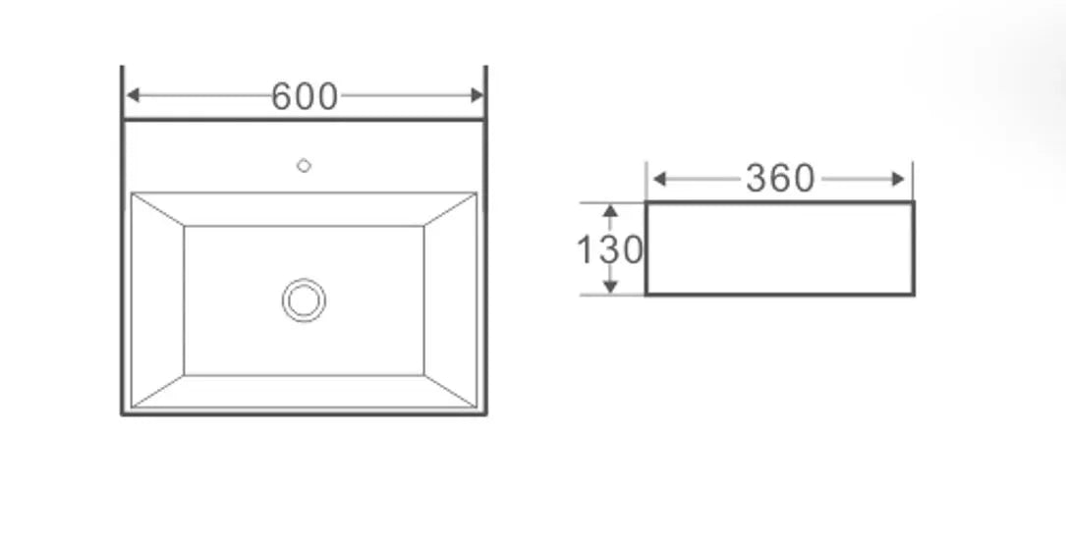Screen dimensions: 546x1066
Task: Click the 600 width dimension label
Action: [x=304, y=96]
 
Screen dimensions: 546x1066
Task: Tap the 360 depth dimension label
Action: [x=780, y=179]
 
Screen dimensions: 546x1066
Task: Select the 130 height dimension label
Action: [x=608, y=250]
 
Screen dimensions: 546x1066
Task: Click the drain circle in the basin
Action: [x=304, y=300]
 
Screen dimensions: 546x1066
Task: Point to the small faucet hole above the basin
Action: [x=304, y=166]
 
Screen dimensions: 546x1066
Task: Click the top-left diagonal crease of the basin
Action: [x=158, y=209]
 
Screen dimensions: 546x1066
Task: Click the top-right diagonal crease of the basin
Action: [x=450, y=209]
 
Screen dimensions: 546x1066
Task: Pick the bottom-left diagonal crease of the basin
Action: [x=158, y=391]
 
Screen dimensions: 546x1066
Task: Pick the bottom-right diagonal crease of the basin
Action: [x=450, y=391]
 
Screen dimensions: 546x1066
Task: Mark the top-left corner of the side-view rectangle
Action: [x=646, y=203]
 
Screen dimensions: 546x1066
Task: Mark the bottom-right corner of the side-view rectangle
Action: [x=913, y=294]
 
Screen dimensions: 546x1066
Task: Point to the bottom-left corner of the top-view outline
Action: [x=123, y=413]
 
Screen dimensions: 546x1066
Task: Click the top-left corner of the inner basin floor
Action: [x=185, y=227]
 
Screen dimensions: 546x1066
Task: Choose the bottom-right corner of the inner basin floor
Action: [x=423, y=374]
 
